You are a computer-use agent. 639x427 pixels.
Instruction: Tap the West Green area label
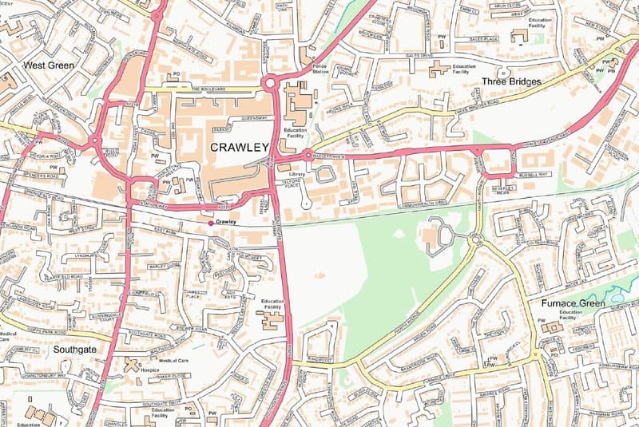tap(49, 65)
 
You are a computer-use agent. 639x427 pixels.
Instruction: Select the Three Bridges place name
tap(511, 81)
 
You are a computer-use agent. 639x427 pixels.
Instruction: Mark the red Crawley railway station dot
tap(211, 223)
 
